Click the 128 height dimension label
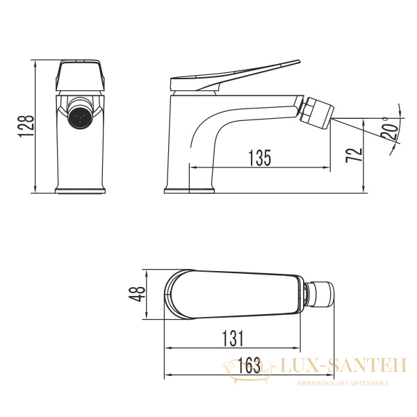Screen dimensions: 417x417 (x=26, y=126)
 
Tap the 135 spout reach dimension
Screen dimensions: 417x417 (x=259, y=158)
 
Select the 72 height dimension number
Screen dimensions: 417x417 (x=354, y=155)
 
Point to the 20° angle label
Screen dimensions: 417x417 (x=390, y=131)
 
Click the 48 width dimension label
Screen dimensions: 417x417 (x=137, y=293)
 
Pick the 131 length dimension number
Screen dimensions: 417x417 (x=233, y=338)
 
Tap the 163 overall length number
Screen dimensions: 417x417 (x=249, y=365)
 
